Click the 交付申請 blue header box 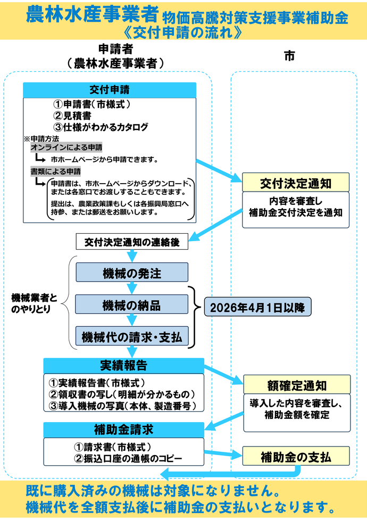pyautogui.click(x=110, y=90)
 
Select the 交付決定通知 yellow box pyautogui.click(x=296, y=183)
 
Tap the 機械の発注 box pyautogui.click(x=132, y=273)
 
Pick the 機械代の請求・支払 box pyautogui.click(x=132, y=337)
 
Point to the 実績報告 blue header pyautogui.click(x=123, y=366)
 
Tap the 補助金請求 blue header pyautogui.click(x=123, y=429)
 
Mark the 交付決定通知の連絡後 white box pyautogui.click(x=132, y=242)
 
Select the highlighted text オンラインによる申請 pyautogui.click(x=66, y=147)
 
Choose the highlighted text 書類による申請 pyautogui.click(x=56, y=171)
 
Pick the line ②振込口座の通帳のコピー pyautogui.click(x=126, y=458)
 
